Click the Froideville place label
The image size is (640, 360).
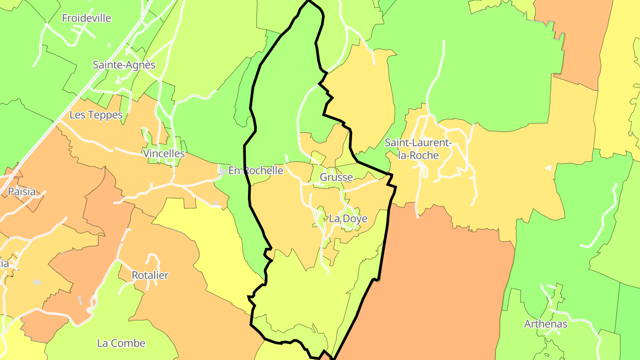tap(86, 18)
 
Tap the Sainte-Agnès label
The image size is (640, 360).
tap(124, 65)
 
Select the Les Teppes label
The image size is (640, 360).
tap(96, 115)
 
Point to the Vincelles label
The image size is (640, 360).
tap(164, 154)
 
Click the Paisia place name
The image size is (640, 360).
tap(22, 192)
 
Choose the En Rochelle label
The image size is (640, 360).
tap(256, 171)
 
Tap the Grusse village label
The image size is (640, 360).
tap(336, 178)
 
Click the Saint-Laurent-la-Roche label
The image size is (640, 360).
tap(418, 149)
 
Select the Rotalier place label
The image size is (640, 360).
tap(150, 276)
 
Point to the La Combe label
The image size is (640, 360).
tap(121, 343)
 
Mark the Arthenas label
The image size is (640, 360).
tap(546, 324)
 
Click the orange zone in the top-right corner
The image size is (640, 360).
tap(578, 40)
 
